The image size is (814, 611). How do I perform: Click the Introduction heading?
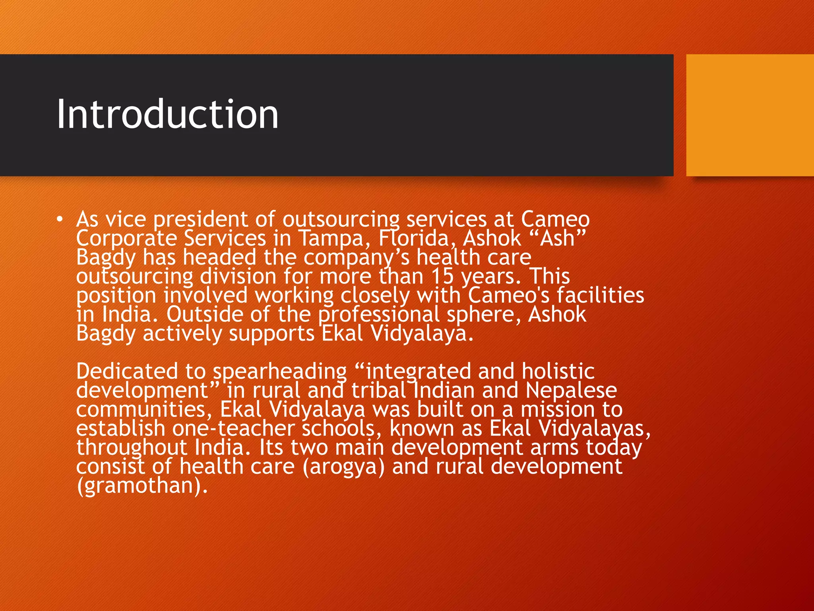click(x=167, y=115)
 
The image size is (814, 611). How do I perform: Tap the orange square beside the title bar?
click(x=750, y=115)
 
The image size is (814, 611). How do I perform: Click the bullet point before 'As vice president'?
click(x=60, y=220)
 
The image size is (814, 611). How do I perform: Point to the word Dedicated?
click(x=127, y=372)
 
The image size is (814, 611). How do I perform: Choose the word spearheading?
click(x=280, y=372)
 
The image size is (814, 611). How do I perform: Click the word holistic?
click(x=558, y=372)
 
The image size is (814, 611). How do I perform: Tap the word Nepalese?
click(x=571, y=391)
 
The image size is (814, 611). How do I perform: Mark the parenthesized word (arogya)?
click(x=344, y=467)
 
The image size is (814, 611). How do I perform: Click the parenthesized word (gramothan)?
click(x=142, y=486)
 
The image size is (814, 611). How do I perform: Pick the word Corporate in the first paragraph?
click(x=126, y=239)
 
